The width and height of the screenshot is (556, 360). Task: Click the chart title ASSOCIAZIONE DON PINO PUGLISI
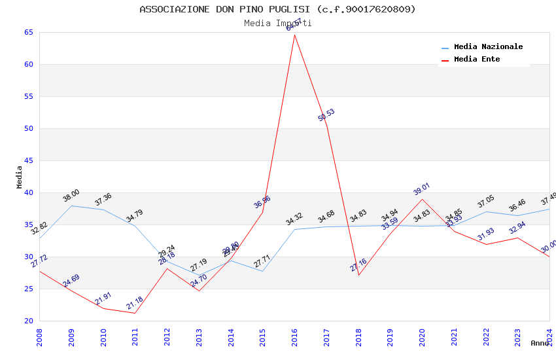click(277, 9)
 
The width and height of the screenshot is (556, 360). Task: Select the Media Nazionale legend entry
click(488, 47)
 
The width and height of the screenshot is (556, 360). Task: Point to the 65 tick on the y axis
click(27, 33)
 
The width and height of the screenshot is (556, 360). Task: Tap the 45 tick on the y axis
click(27, 161)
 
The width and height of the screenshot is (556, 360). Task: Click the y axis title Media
click(19, 177)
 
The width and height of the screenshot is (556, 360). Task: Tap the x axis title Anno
click(540, 343)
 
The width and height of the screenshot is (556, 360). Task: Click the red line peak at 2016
click(294, 35)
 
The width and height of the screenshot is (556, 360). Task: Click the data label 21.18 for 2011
click(135, 303)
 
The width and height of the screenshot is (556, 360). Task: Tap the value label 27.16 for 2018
click(358, 265)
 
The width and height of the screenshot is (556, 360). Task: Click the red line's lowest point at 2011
click(135, 313)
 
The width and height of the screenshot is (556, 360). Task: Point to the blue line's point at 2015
click(263, 271)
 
